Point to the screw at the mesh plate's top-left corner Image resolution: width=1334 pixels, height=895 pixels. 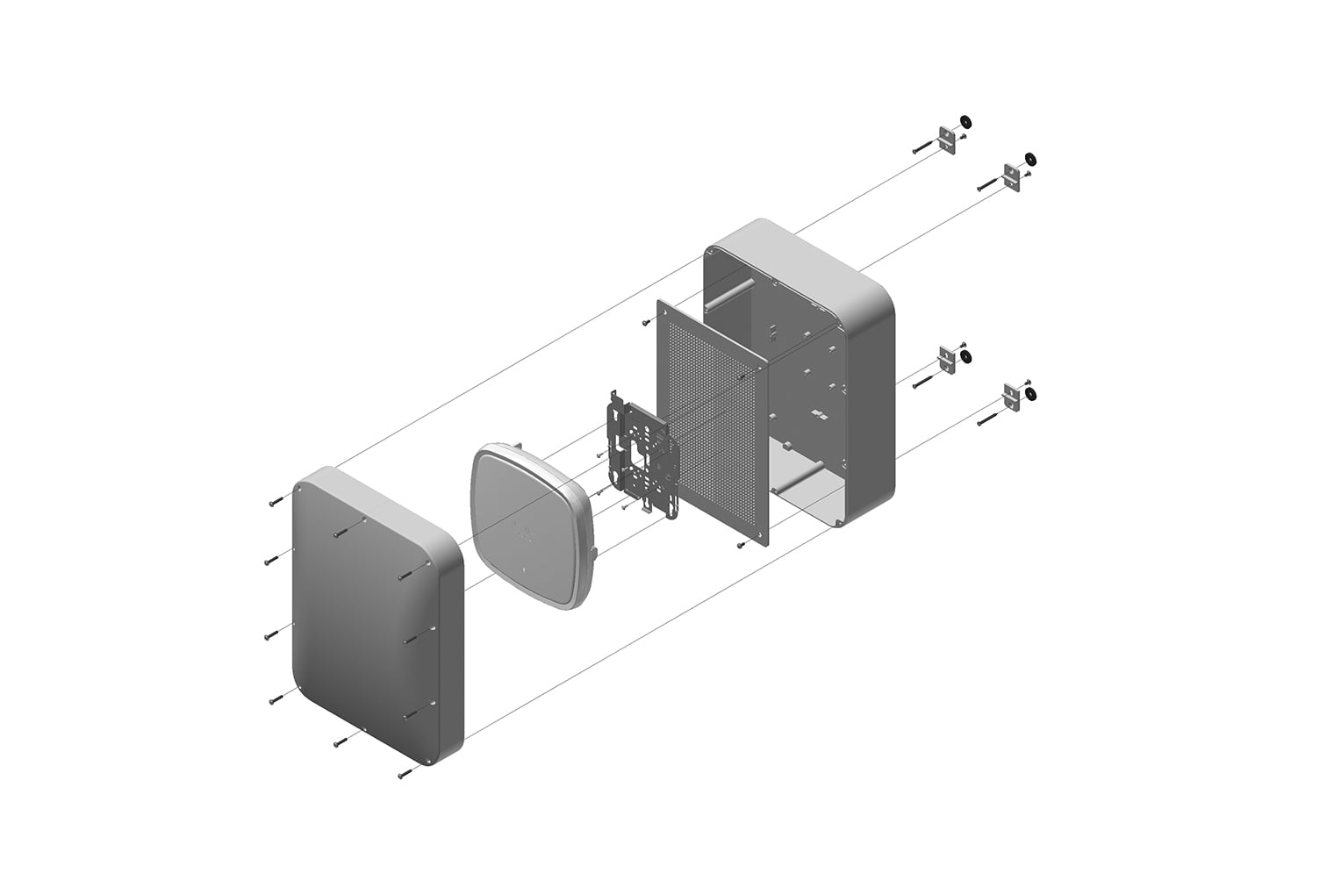coord(646,322)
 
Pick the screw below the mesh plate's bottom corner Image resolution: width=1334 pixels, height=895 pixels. coord(741,545)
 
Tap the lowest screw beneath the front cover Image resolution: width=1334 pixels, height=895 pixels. coord(404,775)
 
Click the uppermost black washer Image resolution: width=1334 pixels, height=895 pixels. coord(966,120)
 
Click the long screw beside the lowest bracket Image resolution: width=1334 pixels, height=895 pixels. coord(989,420)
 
